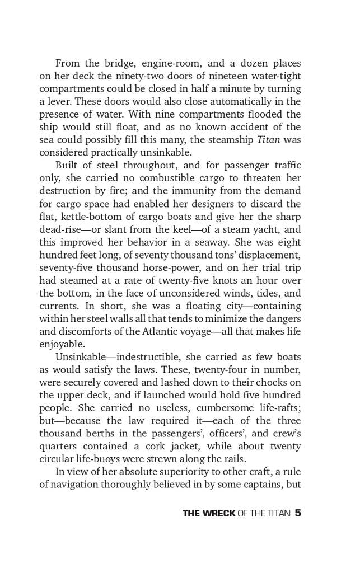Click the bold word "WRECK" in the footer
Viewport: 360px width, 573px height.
coord(217,514)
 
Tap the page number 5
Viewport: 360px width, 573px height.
coord(298,514)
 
